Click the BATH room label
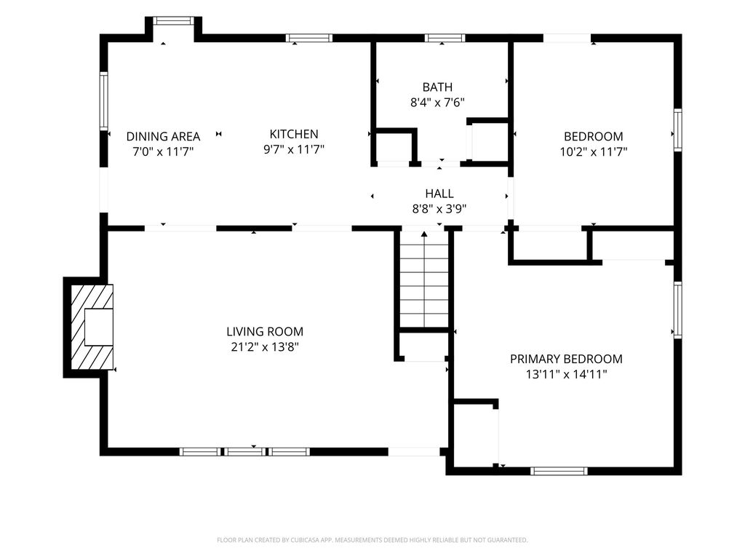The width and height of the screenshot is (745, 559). click(x=437, y=87)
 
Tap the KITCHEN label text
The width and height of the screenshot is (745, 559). click(x=294, y=134)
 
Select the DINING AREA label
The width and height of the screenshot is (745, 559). click(x=163, y=136)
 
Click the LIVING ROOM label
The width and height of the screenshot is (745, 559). click(x=265, y=331)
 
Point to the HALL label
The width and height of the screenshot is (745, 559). click(x=439, y=194)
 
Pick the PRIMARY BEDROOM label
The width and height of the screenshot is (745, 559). click(x=566, y=359)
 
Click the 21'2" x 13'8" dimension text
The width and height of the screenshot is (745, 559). click(x=265, y=347)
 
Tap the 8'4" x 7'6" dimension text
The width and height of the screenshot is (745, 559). click(x=437, y=102)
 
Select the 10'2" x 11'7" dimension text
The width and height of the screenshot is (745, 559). click(x=594, y=151)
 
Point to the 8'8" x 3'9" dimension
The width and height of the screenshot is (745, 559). click(x=439, y=209)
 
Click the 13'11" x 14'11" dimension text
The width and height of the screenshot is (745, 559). click(x=566, y=374)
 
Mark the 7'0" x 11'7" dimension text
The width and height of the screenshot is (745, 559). click(x=163, y=151)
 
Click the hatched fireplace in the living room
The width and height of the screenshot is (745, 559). click(x=92, y=327)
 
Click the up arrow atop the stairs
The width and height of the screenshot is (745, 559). click(x=424, y=234)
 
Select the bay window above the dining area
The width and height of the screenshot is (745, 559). click(x=173, y=20)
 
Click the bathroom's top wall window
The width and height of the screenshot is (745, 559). click(x=445, y=38)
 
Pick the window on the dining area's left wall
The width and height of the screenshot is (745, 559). click(x=103, y=100)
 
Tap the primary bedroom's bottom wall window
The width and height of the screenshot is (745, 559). click(x=559, y=471)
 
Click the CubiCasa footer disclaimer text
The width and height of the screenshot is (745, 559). click(x=372, y=540)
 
